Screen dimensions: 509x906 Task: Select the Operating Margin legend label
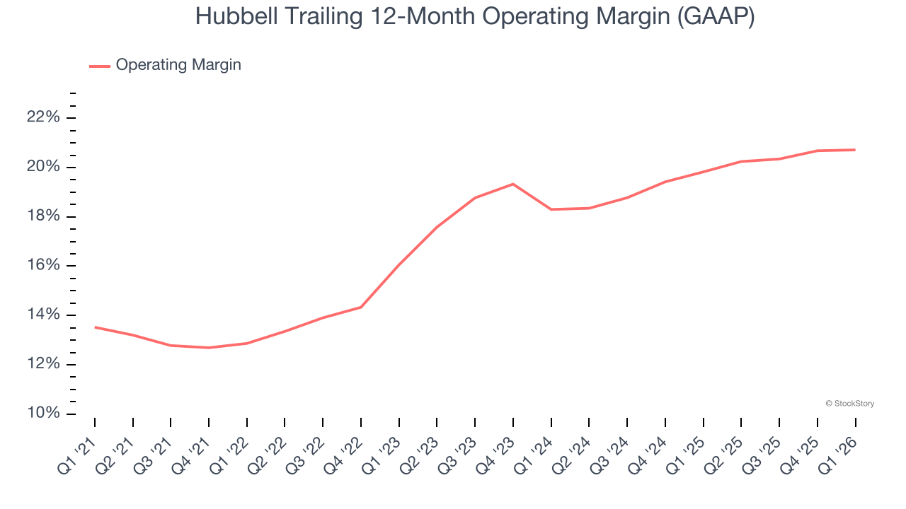tap(178, 65)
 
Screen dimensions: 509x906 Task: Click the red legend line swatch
tap(100, 66)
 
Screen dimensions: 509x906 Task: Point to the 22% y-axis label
tap(43, 117)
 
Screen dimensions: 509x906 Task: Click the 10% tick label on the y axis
tap(43, 414)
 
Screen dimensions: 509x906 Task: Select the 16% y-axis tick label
tap(43, 266)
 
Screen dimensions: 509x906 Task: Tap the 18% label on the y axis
tap(43, 216)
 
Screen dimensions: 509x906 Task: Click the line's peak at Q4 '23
tap(513, 184)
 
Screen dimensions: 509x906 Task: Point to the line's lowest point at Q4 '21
tap(209, 348)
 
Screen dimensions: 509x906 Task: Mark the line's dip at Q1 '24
tap(551, 209)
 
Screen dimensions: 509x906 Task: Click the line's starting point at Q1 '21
tap(95, 327)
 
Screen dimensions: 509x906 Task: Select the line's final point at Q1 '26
tap(855, 150)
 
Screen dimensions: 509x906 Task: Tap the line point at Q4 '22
tap(361, 307)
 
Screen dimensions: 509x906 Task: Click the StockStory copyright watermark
tap(850, 404)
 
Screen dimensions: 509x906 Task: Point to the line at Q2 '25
tap(741, 161)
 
